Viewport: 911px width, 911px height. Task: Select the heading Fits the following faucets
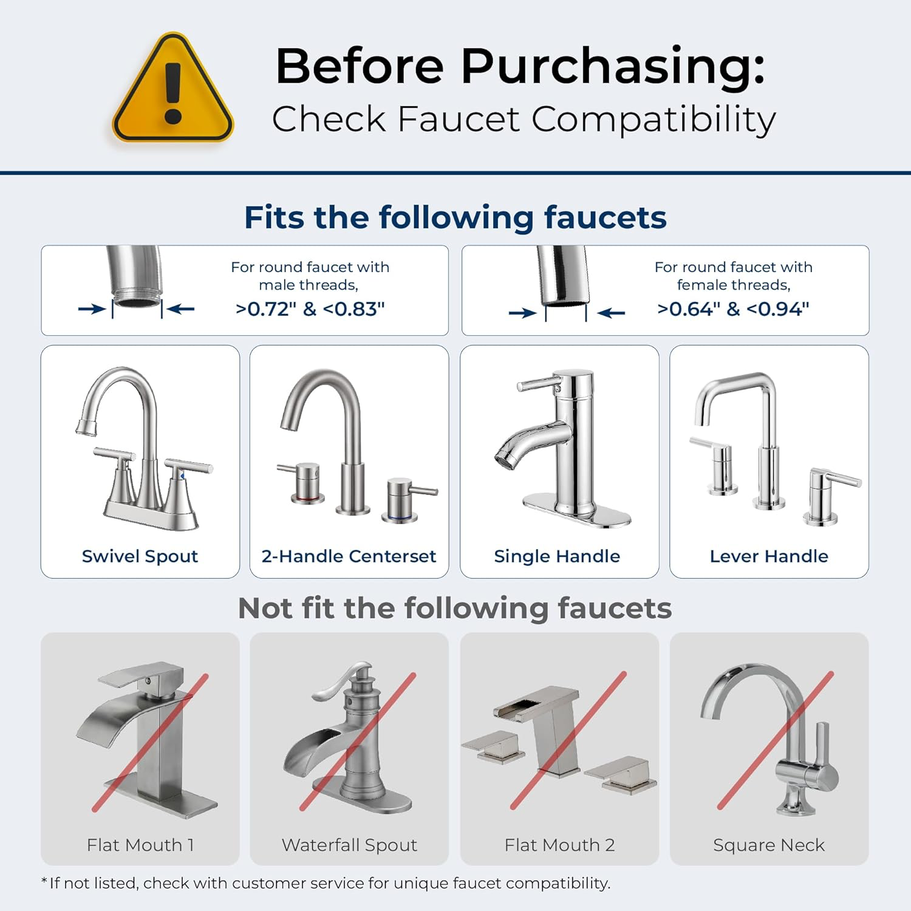[455, 217]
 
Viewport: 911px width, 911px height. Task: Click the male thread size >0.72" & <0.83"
[310, 309]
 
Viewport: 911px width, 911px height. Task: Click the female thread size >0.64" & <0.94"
[733, 309]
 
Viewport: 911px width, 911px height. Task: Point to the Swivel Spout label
[140, 556]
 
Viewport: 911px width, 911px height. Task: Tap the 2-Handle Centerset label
[349, 556]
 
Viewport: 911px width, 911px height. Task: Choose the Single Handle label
[557, 556]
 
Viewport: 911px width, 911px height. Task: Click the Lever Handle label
[769, 556]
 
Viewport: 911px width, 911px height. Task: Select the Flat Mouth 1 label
[140, 845]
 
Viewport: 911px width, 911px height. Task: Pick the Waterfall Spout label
[349, 845]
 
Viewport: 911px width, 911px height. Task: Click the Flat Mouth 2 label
[559, 845]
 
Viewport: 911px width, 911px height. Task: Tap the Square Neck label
[769, 845]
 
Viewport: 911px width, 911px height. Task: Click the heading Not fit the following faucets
[455, 609]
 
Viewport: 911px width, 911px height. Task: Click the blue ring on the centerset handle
[399, 518]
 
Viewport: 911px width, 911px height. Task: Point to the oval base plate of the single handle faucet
[577, 510]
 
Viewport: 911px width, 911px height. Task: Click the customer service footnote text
[326, 883]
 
